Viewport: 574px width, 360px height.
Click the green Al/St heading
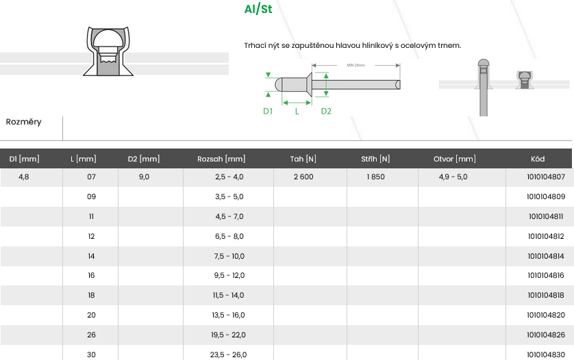pyautogui.click(x=258, y=9)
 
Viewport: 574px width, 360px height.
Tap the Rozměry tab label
pyautogui.click(x=23, y=122)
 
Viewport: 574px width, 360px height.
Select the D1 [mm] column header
pyautogui.click(x=24, y=159)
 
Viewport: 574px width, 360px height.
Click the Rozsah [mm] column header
pyautogui.click(x=221, y=159)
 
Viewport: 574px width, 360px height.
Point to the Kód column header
pyautogui.click(x=538, y=159)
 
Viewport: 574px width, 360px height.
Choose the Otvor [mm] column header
pyautogui.click(x=455, y=159)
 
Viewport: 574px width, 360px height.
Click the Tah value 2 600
pyautogui.click(x=303, y=177)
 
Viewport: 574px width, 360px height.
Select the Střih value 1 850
pyautogui.click(x=375, y=177)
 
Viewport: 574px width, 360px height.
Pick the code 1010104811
pyautogui.click(x=546, y=216)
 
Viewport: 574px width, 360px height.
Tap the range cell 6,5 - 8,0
pyautogui.click(x=229, y=236)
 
